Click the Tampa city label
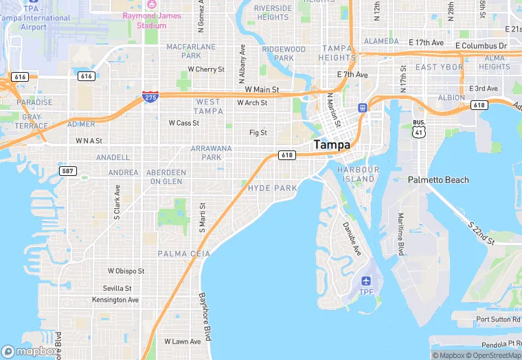(x=332, y=145)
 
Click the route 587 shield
(x=67, y=170)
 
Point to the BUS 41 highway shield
(x=419, y=128)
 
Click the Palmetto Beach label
(x=438, y=180)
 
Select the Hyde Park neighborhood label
(x=273, y=188)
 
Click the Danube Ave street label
(x=352, y=238)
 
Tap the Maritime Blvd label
(x=400, y=234)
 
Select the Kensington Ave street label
(x=115, y=300)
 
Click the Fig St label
(x=258, y=133)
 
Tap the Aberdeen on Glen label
(x=166, y=177)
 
